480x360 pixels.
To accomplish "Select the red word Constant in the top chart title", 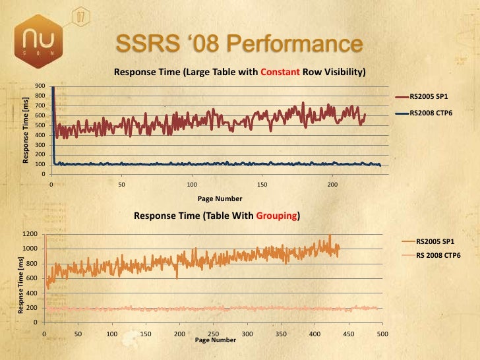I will coord(282,71).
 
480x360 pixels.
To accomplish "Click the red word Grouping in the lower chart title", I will coord(276,215).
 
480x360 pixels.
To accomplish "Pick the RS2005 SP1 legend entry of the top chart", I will coord(429,96).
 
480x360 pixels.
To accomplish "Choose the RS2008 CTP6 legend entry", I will coord(429,113).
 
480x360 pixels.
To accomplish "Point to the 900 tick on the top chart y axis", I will coord(40,86).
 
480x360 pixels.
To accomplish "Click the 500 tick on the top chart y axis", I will coord(40,125).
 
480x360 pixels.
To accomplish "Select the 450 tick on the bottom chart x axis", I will coord(348,334).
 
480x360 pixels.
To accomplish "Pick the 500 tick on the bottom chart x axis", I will coord(382,334).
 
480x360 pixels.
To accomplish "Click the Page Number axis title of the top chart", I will coord(220,198).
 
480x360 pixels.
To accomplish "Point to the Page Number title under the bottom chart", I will coord(216,340).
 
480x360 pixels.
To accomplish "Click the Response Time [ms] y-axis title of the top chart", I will coord(26,130).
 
